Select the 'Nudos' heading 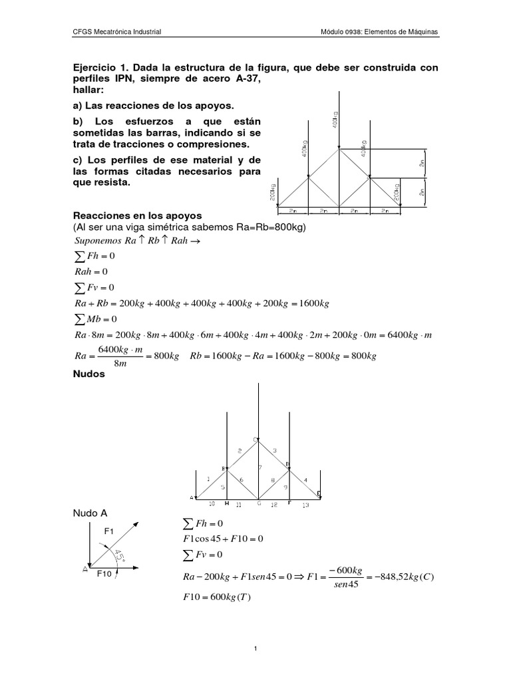[x=86, y=374]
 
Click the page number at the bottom [x=255, y=649]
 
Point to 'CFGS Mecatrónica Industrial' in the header [x=116, y=32]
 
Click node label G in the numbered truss [x=259, y=504]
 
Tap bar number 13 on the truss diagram [x=306, y=505]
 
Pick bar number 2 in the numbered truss [x=240, y=452]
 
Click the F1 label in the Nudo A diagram [x=109, y=531]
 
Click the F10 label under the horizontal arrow [x=105, y=573]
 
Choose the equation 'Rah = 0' [x=89, y=271]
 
